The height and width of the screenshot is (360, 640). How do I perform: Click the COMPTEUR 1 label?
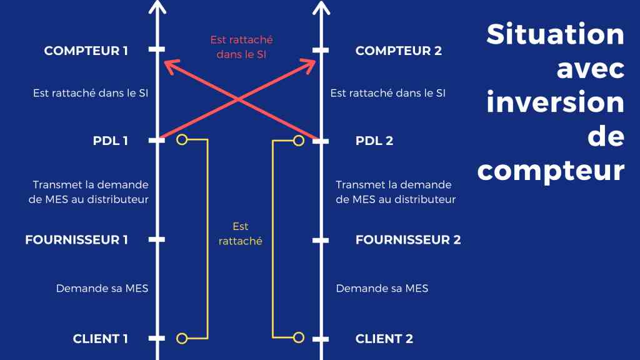click(x=86, y=51)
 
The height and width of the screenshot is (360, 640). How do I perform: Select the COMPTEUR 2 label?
click(x=398, y=51)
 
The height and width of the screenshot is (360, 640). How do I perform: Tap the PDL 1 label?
click(x=110, y=141)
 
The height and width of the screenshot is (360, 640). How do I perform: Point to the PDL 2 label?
click(x=374, y=141)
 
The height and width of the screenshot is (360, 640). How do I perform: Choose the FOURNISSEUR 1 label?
click(x=76, y=239)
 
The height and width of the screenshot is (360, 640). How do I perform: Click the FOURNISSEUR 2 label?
click(x=407, y=239)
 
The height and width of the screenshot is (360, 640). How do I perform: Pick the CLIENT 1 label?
click(x=100, y=339)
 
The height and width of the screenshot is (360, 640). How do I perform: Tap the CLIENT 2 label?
click(x=384, y=339)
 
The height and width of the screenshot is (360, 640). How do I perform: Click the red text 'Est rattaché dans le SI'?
click(x=242, y=47)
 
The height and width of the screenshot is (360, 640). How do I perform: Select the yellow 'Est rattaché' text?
click(x=241, y=234)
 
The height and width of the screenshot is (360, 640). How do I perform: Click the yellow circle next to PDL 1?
click(x=182, y=140)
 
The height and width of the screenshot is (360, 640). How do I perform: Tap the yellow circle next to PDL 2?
click(x=299, y=141)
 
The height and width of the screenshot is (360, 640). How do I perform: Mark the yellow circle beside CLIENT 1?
click(x=182, y=338)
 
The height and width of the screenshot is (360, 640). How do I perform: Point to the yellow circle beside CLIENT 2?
click(x=299, y=337)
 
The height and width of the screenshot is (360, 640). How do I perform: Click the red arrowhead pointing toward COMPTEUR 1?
click(x=170, y=66)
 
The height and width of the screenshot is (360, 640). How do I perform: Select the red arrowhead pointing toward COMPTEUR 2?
click(x=309, y=65)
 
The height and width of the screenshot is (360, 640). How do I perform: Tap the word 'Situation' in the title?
click(x=555, y=34)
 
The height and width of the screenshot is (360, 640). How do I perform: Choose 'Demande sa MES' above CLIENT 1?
click(x=102, y=289)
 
